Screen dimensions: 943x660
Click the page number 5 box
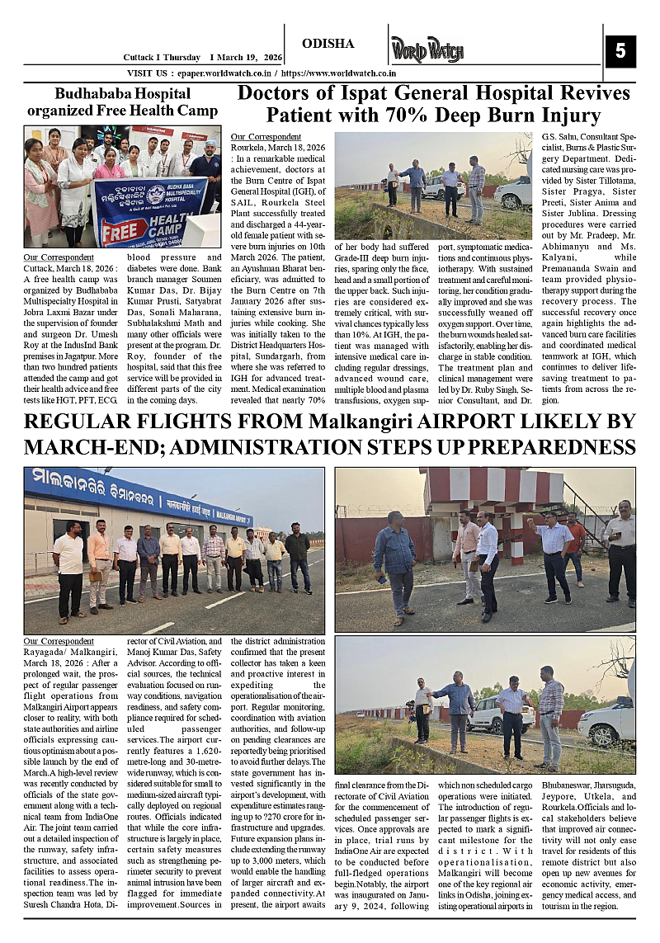620,51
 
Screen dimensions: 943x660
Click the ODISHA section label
328,44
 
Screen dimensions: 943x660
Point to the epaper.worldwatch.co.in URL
217,73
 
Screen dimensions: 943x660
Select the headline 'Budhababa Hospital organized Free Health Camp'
122,102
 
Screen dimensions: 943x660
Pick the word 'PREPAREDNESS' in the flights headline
553,448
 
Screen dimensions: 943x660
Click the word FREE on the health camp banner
121,230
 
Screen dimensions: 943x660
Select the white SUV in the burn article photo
515,193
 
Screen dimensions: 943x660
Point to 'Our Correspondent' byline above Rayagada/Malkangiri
58,641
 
